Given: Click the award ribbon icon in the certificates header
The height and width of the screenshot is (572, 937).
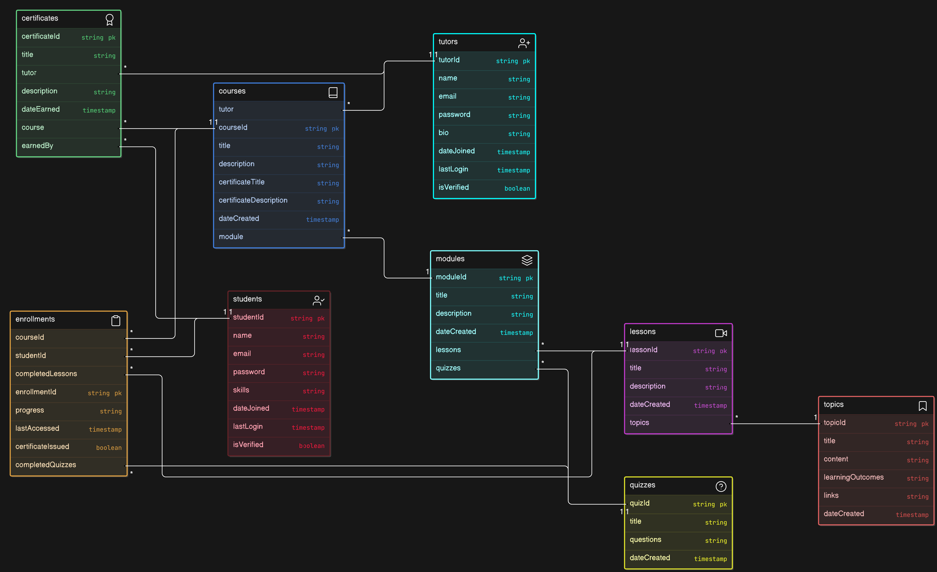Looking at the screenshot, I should click(110, 19).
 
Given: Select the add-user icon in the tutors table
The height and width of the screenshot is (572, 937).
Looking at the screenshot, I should click(524, 43).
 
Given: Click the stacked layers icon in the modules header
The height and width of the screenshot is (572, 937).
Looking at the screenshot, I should click(527, 260).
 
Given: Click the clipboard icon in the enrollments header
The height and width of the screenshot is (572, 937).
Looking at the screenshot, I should click(116, 321).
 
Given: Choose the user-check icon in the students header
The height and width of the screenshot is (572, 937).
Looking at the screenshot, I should click(318, 300).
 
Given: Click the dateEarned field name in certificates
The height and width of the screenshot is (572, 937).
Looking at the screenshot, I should click(41, 109).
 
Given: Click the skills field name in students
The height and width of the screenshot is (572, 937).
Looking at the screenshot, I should click(241, 390).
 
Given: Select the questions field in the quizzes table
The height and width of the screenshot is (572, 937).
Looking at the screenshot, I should click(645, 539).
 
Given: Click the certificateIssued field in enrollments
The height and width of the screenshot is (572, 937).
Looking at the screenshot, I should click(42, 447).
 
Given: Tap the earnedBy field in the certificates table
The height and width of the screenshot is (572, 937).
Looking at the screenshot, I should click(37, 146).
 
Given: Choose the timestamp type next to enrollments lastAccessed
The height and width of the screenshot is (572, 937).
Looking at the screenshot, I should click(105, 429).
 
